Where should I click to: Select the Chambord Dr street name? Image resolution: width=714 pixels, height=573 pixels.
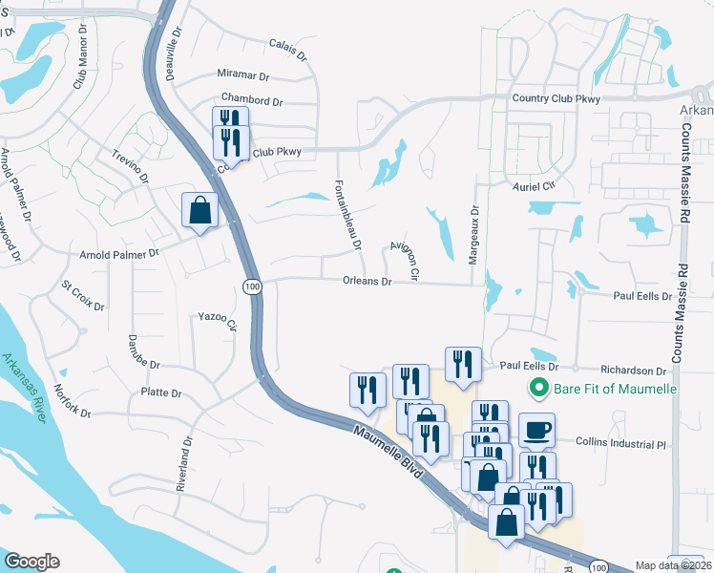point(252,99)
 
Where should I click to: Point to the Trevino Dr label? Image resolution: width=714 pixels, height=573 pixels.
point(131,165)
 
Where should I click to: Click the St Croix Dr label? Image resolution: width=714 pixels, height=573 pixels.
point(83,294)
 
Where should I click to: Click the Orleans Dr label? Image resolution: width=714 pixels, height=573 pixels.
point(367,282)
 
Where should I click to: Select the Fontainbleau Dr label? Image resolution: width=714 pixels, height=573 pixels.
point(347,215)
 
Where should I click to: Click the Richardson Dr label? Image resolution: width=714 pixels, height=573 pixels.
point(632,371)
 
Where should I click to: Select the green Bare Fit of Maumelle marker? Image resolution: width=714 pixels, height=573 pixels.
point(537,389)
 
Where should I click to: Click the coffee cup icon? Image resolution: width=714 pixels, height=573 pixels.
point(535,430)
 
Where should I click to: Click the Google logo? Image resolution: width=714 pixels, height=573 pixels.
point(31,562)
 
